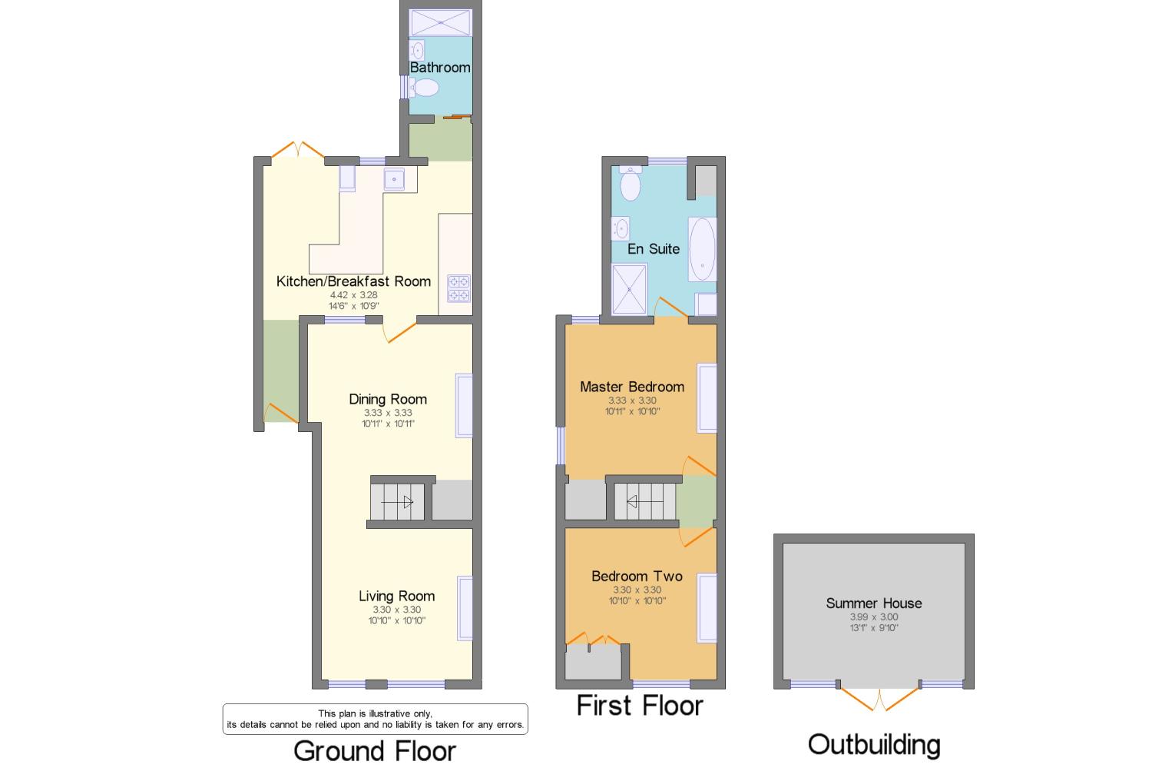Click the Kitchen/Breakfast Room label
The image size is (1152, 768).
pos(353,281)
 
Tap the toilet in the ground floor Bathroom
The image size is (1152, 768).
pos(424,88)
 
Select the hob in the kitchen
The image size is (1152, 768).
pos(458,288)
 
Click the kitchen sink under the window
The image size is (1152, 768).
pos(394,179)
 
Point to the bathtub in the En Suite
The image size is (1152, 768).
pos(702,249)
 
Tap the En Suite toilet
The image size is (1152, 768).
pos(631,183)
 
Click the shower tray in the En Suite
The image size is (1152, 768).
pos(629,289)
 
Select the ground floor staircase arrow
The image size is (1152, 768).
pos(397,502)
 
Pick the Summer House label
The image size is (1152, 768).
pos(874,603)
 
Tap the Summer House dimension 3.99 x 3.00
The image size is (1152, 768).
pos(874,617)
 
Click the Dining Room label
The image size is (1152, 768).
pos(388,399)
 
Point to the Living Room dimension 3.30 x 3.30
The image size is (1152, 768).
pos(397,610)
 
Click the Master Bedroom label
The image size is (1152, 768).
pos(632,387)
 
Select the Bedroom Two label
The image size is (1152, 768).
pos(637,576)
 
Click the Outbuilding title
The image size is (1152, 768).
pos(874,744)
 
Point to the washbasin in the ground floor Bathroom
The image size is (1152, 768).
pos(417,51)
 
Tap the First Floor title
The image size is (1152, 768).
pos(640,705)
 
